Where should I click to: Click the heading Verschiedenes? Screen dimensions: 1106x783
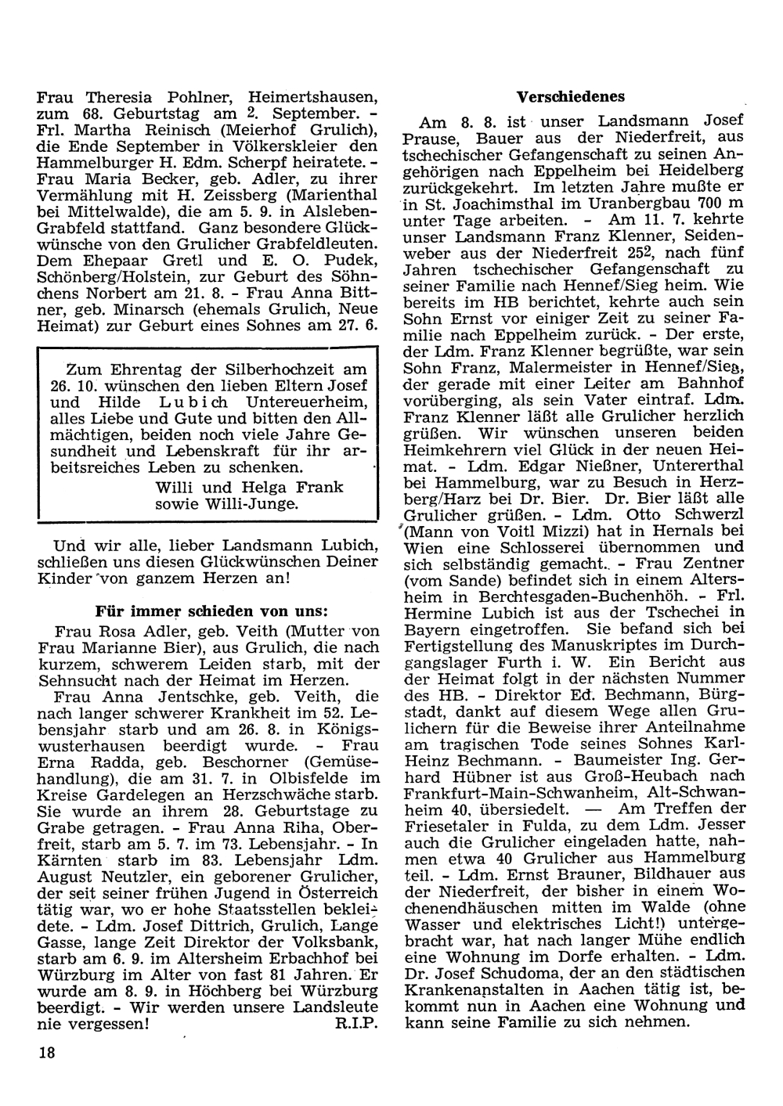tap(571, 97)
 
